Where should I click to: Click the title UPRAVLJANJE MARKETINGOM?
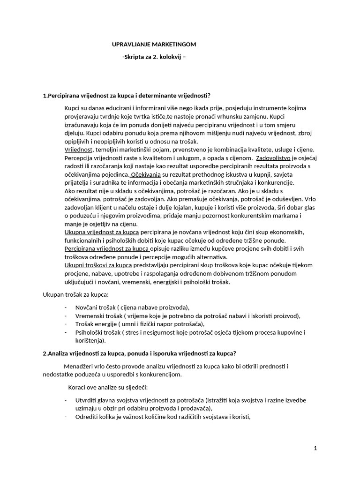pos(154,44)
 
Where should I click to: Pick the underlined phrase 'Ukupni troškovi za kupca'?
pos(98,265)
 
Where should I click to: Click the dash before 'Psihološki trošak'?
pos(65,332)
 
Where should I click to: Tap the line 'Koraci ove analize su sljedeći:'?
pos(108,387)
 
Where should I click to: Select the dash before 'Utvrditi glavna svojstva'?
pos(65,400)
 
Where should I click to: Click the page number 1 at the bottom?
pos(315,448)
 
